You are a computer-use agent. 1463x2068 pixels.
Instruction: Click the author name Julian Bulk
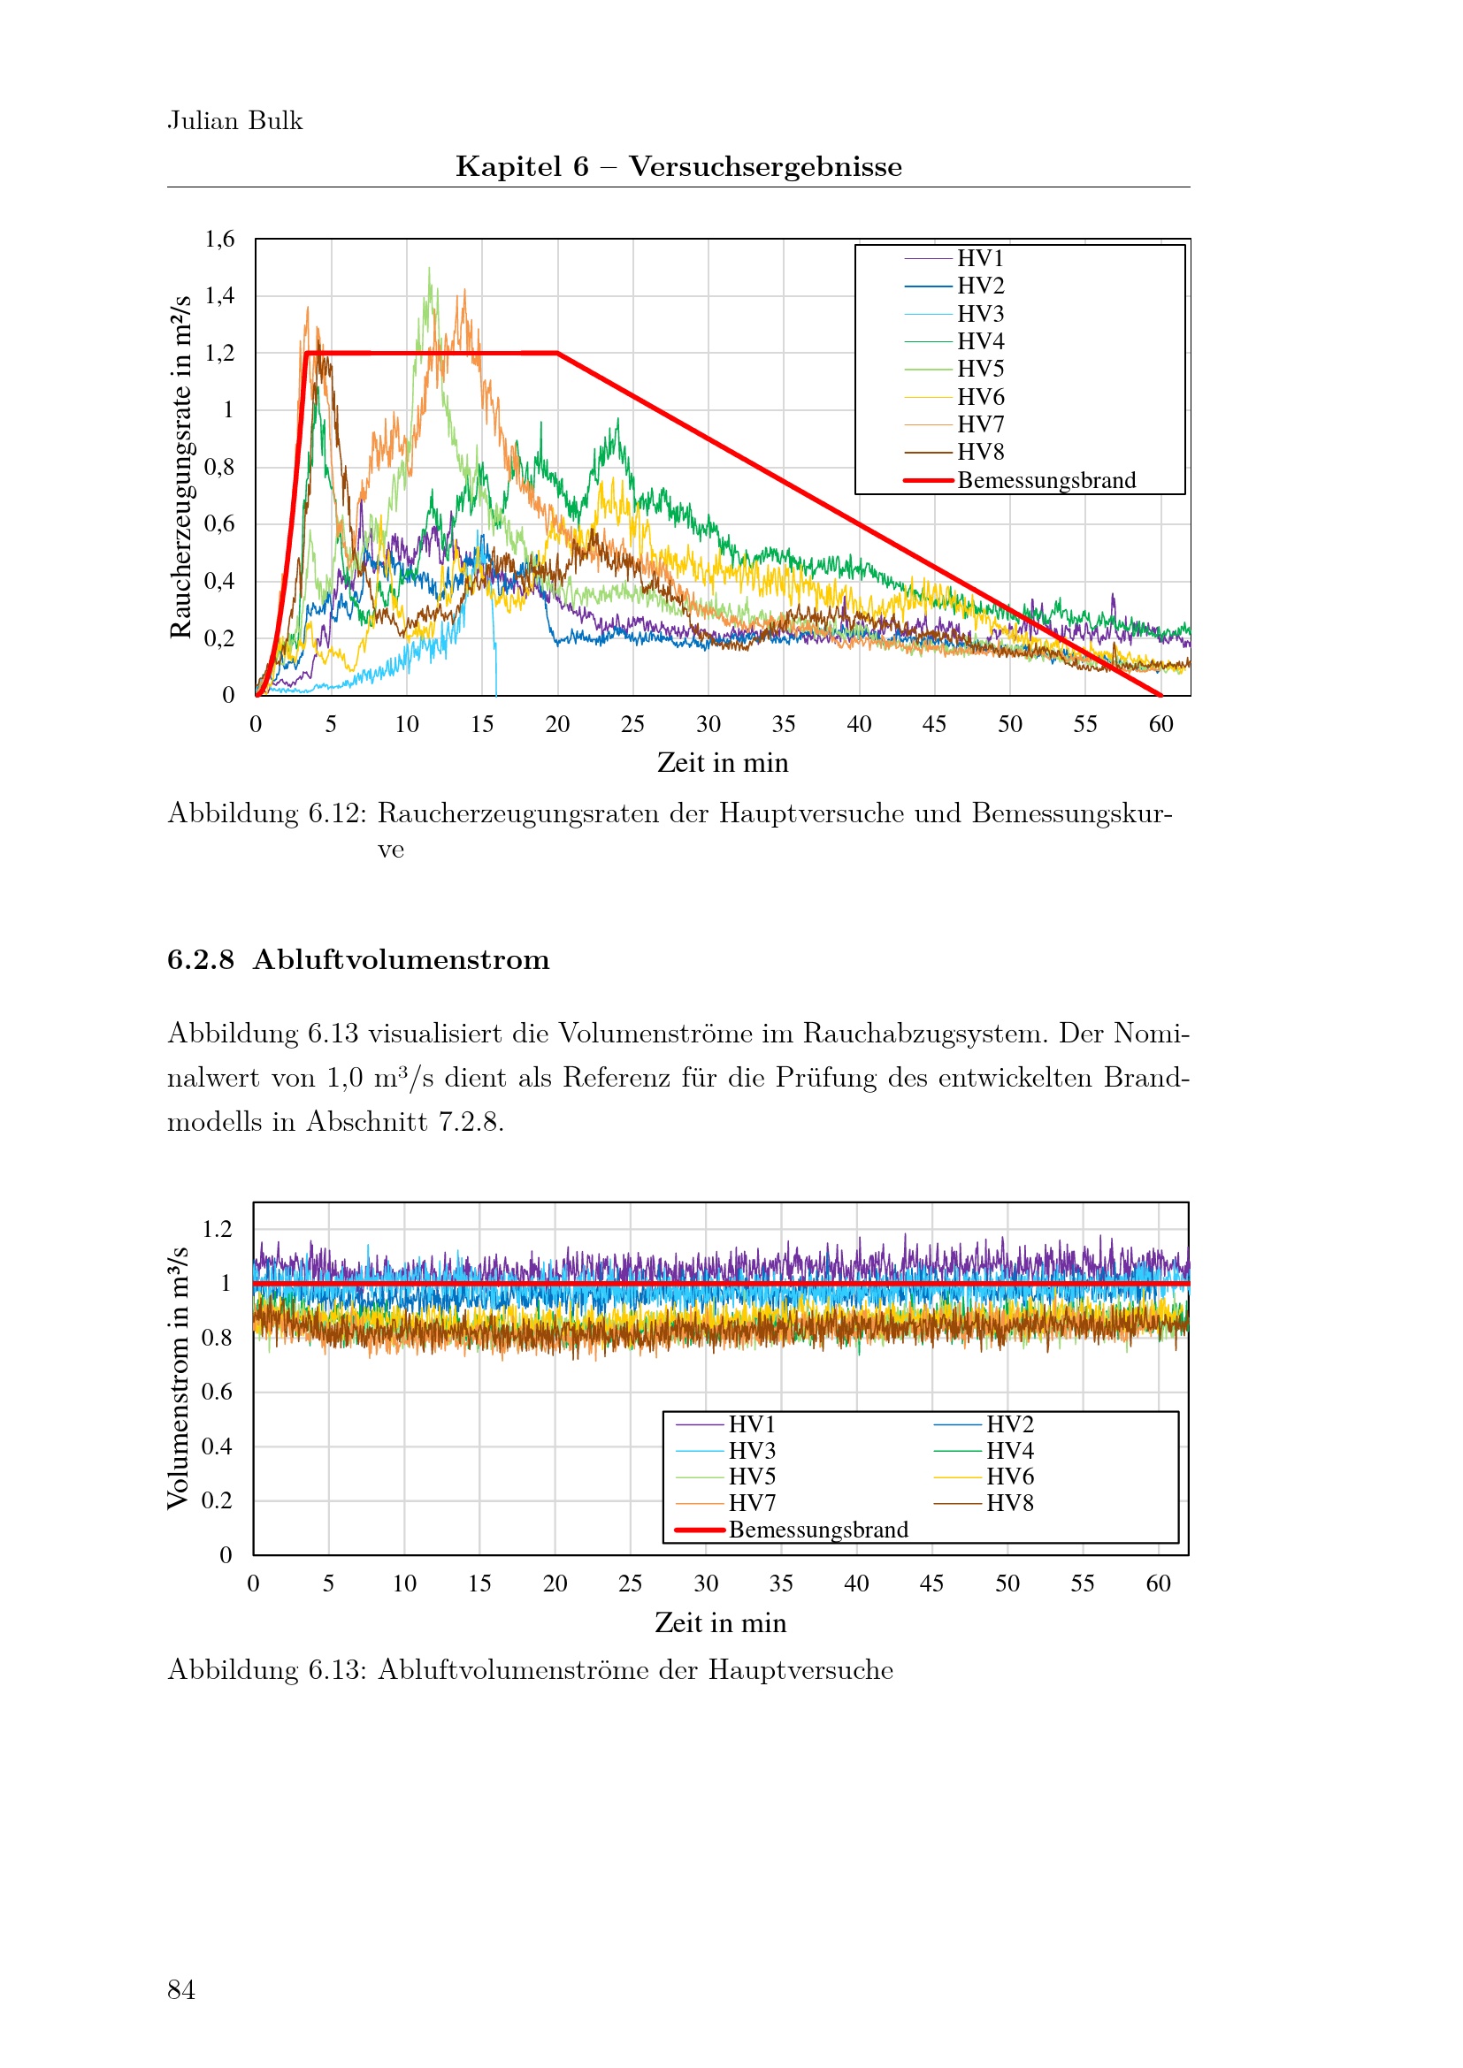(x=235, y=121)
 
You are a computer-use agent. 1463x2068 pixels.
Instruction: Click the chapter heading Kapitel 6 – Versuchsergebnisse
(x=678, y=166)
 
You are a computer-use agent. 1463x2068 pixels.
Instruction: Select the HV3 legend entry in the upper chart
(x=980, y=314)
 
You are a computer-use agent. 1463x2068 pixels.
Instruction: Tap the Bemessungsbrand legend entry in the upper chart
(x=1046, y=480)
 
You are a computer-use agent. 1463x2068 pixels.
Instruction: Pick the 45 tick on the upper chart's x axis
(x=934, y=724)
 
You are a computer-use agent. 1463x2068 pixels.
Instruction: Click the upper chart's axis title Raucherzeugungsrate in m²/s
(x=181, y=467)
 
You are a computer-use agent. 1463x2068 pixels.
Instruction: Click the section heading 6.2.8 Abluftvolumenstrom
(x=358, y=960)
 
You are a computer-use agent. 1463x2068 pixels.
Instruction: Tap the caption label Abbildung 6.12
(x=266, y=813)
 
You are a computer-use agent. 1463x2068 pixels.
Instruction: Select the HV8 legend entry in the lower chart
(x=1010, y=1502)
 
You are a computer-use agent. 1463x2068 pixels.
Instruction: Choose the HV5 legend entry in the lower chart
(x=752, y=1477)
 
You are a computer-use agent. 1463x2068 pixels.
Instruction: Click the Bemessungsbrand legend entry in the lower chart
(x=818, y=1530)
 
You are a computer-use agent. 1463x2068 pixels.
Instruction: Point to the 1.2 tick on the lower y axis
(x=217, y=1230)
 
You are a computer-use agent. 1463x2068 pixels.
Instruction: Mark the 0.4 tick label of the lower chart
(x=217, y=1446)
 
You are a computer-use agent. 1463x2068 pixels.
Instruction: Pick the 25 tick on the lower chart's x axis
(x=631, y=1583)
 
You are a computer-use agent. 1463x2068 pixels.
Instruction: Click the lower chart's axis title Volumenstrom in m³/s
(x=179, y=1378)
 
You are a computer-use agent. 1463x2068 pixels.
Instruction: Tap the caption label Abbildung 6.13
(x=266, y=1670)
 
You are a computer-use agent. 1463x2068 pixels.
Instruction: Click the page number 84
(x=181, y=1989)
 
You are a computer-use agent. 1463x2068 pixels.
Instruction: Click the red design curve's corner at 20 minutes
(x=557, y=353)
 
